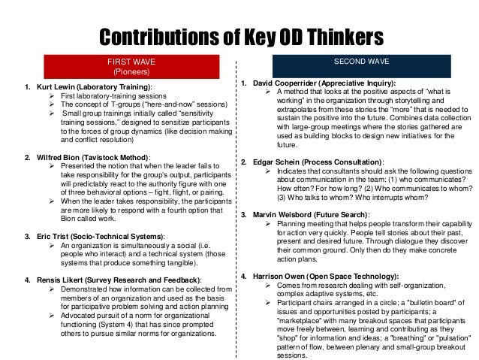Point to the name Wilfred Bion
pyautogui.click(x=50, y=159)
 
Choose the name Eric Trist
pyautogui.click(x=44, y=235)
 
